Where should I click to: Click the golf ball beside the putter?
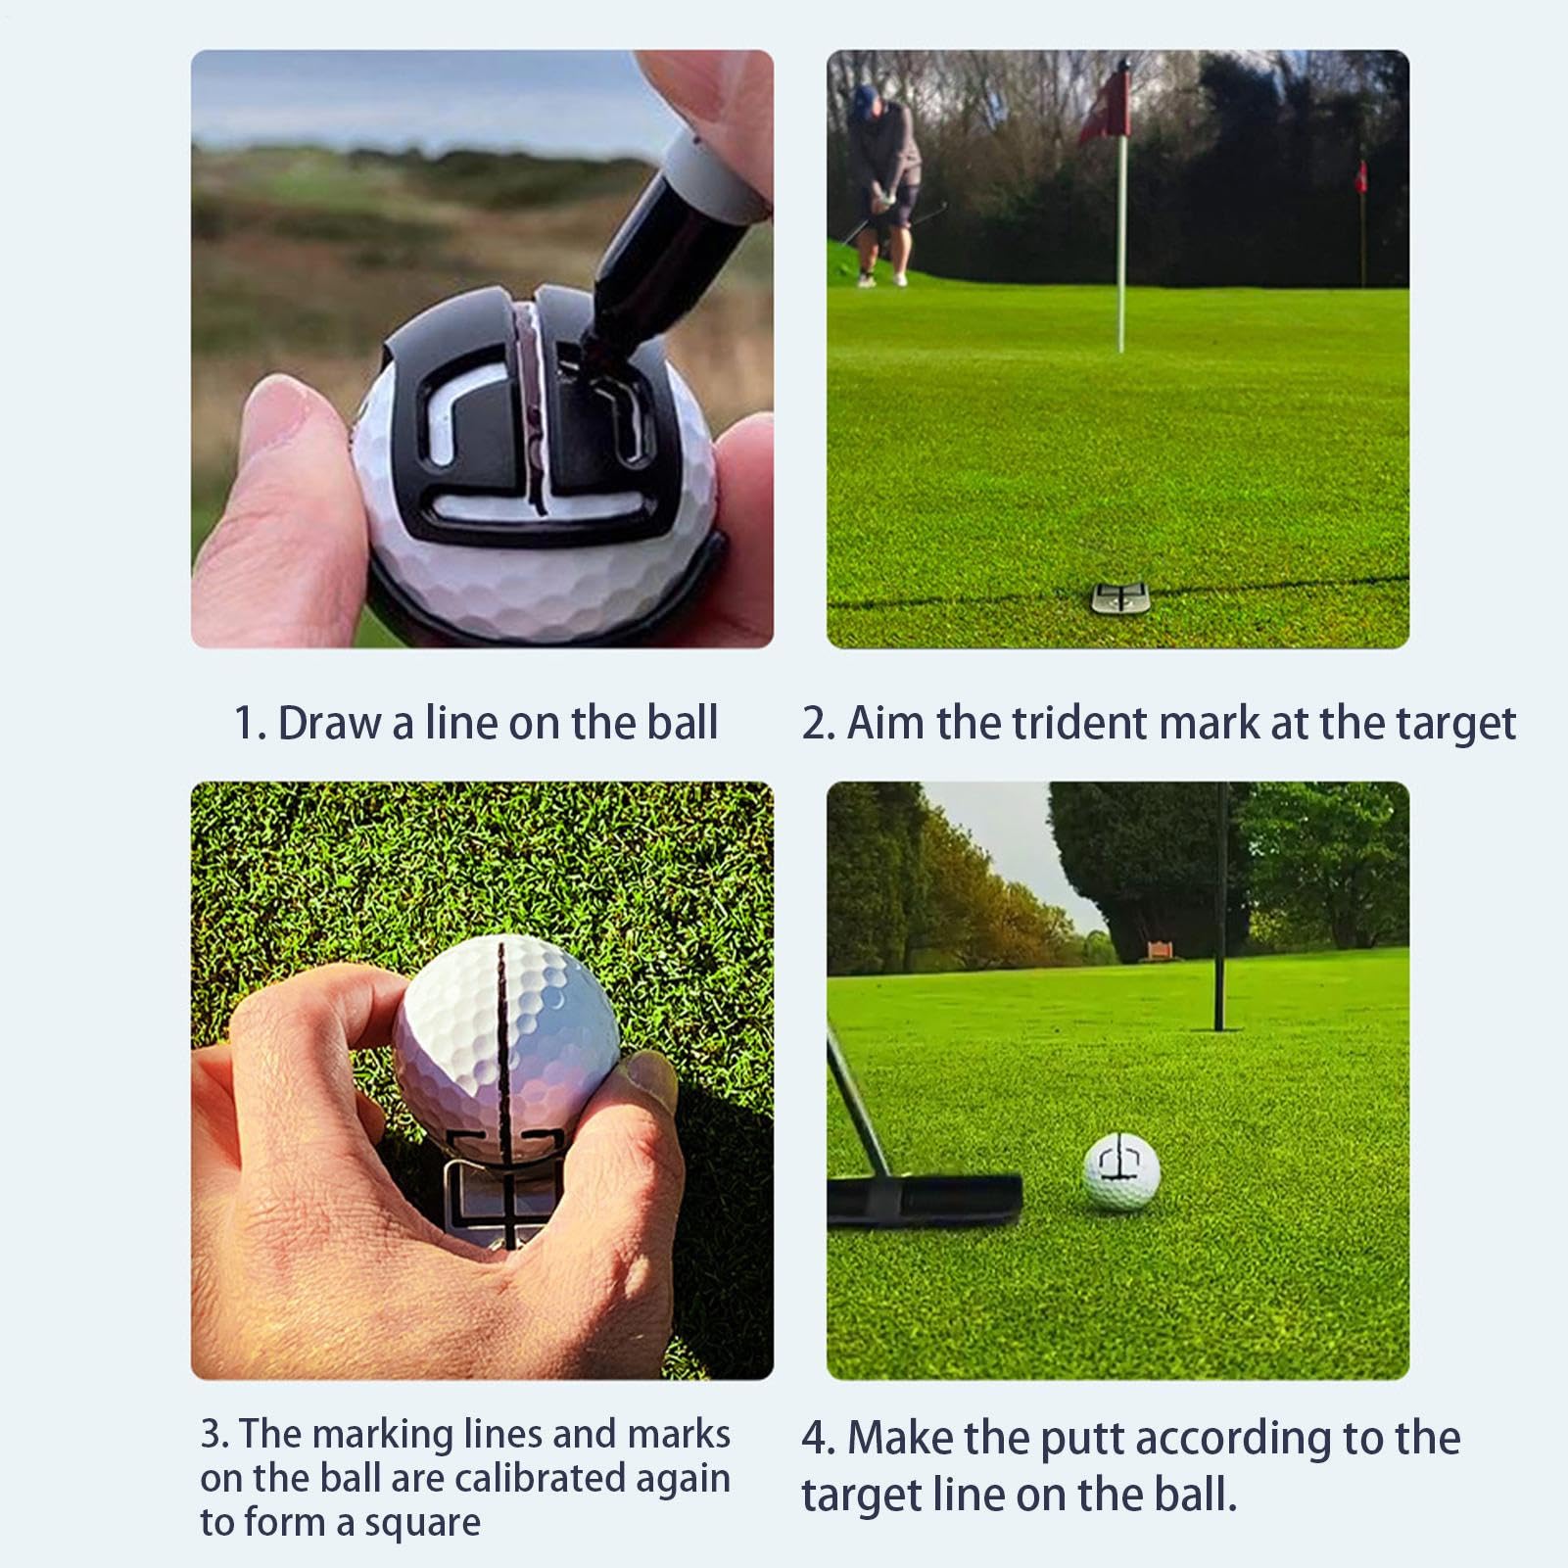(x=1121, y=1172)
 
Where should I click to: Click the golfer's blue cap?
(x=865, y=96)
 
